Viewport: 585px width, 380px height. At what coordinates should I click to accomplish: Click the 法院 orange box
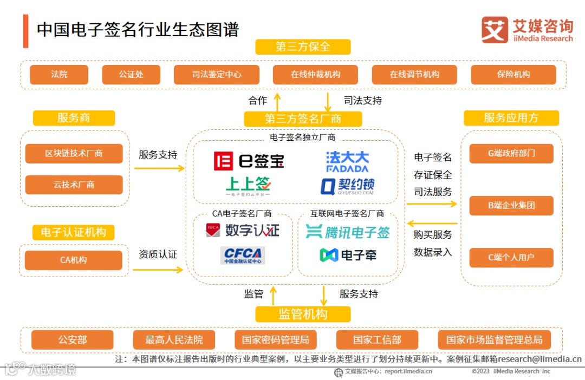click(x=59, y=75)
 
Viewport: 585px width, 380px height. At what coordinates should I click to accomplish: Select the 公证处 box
click(x=131, y=75)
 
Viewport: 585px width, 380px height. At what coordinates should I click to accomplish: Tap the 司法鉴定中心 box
click(x=217, y=75)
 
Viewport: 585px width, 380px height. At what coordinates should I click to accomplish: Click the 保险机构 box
click(x=513, y=75)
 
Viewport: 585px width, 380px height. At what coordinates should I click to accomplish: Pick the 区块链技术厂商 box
click(x=74, y=154)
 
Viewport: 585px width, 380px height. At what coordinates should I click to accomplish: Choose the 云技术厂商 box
click(x=74, y=185)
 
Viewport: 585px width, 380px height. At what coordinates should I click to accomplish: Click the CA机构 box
click(x=74, y=260)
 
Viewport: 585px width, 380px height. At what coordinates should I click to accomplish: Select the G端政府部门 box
click(x=511, y=154)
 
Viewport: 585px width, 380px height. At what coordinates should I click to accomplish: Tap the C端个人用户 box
click(x=511, y=258)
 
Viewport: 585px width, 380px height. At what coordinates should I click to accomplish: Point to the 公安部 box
click(x=73, y=340)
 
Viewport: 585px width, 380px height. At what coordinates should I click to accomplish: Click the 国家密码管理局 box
click(x=276, y=340)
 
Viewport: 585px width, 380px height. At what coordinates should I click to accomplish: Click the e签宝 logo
click(x=249, y=161)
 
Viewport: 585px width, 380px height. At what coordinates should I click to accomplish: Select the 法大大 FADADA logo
click(x=347, y=161)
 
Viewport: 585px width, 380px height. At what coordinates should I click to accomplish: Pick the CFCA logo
click(x=242, y=255)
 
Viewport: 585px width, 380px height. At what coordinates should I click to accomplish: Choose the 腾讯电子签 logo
click(x=347, y=232)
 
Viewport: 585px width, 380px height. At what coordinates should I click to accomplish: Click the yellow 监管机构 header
click(x=303, y=315)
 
